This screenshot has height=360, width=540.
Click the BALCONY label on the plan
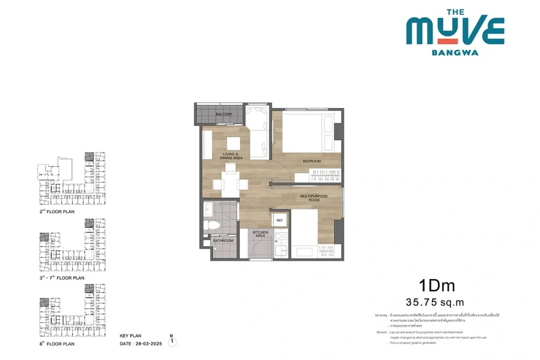pyautogui.click(x=224, y=114)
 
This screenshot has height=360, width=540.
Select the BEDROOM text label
pyautogui.click(x=312, y=161)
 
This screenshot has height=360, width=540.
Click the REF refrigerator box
pyautogui.click(x=280, y=221)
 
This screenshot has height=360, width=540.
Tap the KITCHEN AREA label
pyautogui.click(x=261, y=234)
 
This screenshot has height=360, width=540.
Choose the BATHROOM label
pyautogui.click(x=223, y=241)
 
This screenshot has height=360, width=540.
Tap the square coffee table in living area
pyautogui.click(x=233, y=143)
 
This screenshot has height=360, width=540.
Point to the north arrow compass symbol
pyautogui.click(x=172, y=340)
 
